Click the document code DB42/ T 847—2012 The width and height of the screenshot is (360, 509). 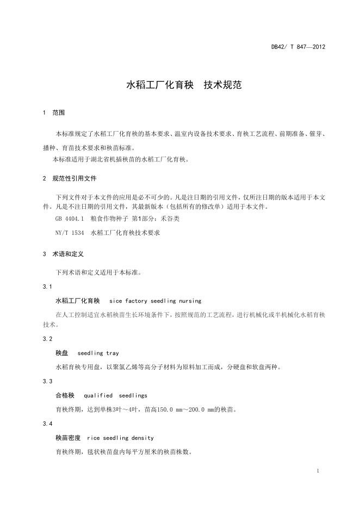[298, 47]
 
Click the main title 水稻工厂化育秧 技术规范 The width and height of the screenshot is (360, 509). [184, 85]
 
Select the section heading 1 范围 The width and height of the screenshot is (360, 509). [53, 113]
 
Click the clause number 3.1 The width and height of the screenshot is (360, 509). [47, 286]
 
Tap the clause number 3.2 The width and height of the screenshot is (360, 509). [47, 339]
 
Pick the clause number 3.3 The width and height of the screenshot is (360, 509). [47, 381]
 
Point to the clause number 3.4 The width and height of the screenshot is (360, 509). [47, 423]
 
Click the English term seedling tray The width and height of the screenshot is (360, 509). [98, 353]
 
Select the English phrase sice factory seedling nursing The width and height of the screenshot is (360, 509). [155, 300]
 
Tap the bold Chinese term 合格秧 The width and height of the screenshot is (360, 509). [65, 395]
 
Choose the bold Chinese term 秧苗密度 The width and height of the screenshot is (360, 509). [68, 437]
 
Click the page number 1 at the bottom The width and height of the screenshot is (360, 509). [318, 470]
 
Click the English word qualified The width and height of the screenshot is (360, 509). [98, 395]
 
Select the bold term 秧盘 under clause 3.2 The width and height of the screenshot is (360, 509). [62, 353]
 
